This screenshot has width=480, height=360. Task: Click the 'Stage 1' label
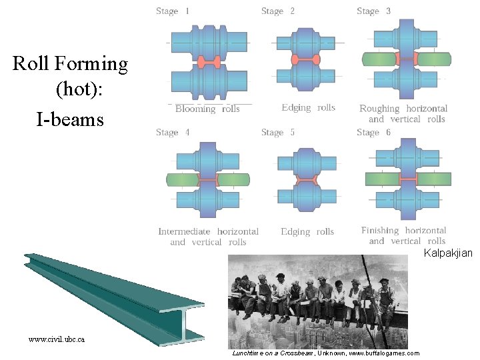173,11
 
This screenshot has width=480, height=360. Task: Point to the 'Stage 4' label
173,132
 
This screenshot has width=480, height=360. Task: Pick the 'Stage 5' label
278,132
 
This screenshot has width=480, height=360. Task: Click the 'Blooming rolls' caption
207,109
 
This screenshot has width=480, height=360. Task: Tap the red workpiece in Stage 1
209,62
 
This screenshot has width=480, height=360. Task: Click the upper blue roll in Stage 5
307,162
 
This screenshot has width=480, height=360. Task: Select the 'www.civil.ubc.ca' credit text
57,339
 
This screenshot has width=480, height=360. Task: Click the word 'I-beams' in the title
70,120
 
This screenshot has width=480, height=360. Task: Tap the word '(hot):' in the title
79,88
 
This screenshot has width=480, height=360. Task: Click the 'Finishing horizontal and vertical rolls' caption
403,235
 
